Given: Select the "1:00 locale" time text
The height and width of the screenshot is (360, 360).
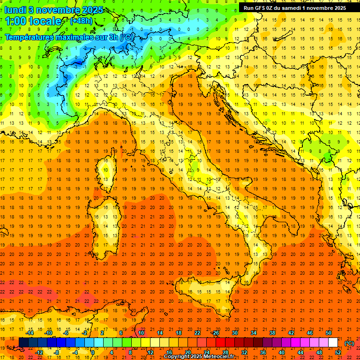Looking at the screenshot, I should click(33, 21).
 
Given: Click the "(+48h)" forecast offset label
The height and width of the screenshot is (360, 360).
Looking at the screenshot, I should click(81, 21).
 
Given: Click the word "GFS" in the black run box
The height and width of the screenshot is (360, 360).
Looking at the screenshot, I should click(260, 7).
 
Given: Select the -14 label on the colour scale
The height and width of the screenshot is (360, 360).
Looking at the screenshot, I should click(30, 333).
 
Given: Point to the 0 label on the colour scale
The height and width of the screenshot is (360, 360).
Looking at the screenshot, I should click(92, 352).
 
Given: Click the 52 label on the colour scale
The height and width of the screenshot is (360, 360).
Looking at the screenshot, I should click(338, 352).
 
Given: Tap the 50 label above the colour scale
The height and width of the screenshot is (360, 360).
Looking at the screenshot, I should click(329, 333).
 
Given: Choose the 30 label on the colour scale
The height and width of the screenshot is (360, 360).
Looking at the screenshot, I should click(234, 333).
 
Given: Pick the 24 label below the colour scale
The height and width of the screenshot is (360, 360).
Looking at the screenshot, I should click(207, 352).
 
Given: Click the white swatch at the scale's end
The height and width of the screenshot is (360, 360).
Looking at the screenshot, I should click(333, 343).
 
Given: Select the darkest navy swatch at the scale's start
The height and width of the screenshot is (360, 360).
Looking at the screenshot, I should click(23, 343).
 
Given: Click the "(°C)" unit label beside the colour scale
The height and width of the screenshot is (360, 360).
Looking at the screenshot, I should click(349, 343).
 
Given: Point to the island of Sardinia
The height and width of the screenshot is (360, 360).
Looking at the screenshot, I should click(106, 225).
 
